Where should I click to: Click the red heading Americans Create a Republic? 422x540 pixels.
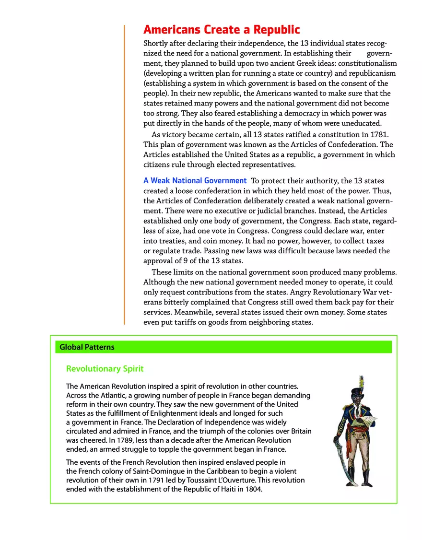point(222,30)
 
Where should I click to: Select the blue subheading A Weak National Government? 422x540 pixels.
point(195,181)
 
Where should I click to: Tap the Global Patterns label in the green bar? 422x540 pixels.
point(87,347)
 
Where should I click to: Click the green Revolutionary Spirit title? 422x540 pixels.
point(105,369)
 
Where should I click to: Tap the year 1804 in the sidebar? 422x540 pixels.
point(254,489)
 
